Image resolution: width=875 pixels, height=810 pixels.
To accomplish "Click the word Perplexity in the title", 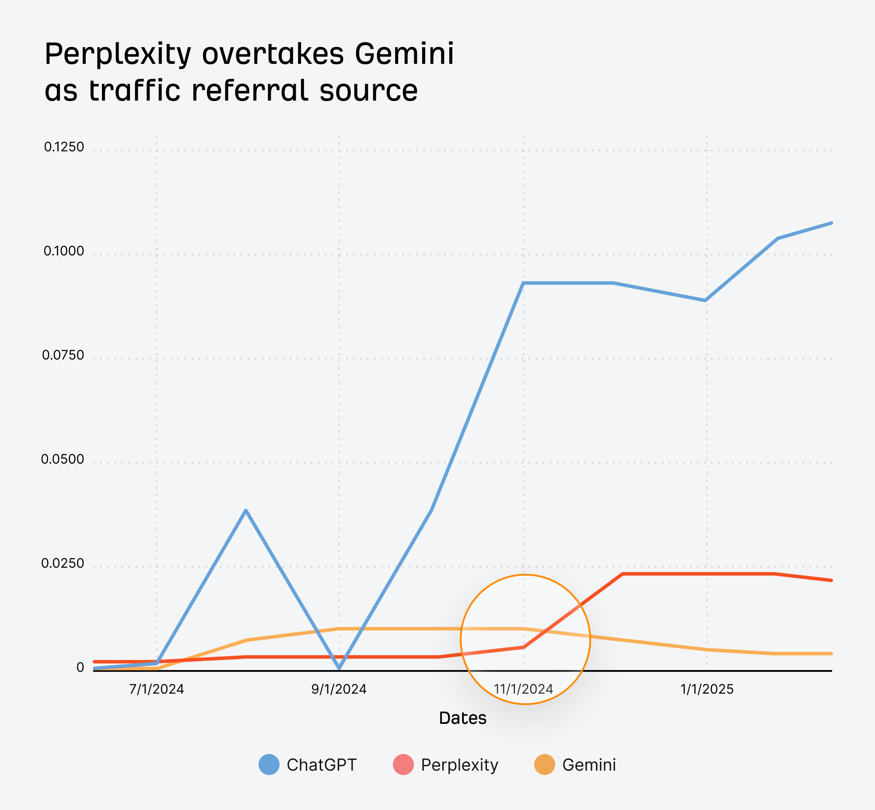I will pos(118,55).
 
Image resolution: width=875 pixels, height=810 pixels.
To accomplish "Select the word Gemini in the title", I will pos(404,54).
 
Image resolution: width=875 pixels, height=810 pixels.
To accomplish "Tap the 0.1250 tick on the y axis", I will pos(64,147).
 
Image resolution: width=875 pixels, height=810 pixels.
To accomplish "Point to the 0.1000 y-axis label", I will pos(64,251).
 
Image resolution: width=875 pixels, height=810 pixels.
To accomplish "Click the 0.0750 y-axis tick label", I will pos(63,356).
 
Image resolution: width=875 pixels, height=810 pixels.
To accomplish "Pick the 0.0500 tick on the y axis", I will pos(63,459).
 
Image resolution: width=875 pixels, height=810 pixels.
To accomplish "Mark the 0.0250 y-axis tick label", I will pos(63,564).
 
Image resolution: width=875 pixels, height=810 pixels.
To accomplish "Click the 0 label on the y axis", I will pos(80,667).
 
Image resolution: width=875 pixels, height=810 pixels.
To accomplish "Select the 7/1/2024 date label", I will pos(157,689).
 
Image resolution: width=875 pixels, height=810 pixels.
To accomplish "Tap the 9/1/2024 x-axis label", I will pos(339,689).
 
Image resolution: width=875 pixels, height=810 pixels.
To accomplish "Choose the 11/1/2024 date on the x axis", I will pos(523,689).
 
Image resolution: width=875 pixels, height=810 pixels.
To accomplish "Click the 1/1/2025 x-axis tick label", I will pos(707,689).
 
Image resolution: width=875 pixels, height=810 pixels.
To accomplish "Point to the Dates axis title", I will pos(462,719).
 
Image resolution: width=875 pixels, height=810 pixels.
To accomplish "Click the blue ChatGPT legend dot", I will pos(269,765).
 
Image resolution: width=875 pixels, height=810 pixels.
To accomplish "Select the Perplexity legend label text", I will pos(459,765).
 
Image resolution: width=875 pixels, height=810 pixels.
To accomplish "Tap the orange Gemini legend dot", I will pos(544,765).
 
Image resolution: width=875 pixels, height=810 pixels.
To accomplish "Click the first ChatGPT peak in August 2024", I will pos(246,510).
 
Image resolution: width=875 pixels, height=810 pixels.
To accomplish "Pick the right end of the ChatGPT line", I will pos(831,223).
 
